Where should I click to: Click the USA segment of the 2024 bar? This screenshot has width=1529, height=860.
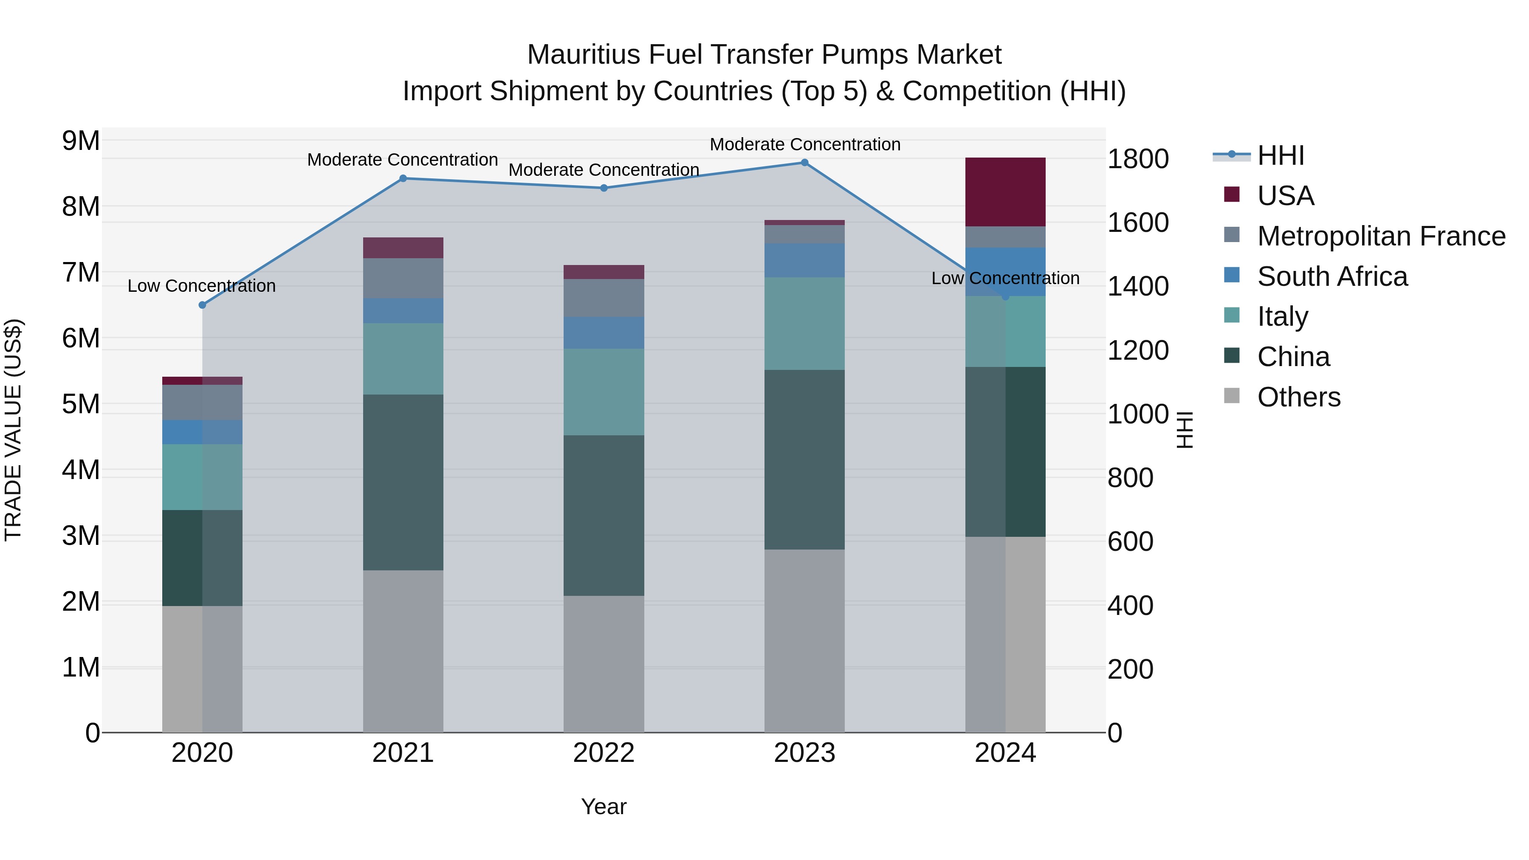coord(1005,192)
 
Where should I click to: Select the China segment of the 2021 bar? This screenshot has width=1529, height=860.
coord(403,482)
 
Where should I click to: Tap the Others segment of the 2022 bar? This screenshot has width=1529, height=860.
coord(604,663)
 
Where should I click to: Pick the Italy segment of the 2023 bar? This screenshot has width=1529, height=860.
coord(804,324)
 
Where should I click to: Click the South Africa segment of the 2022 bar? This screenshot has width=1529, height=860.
coord(604,333)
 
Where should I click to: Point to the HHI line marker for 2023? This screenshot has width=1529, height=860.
coord(804,162)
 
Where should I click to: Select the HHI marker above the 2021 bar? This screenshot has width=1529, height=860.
coord(403,178)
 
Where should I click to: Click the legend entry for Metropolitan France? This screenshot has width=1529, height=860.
coord(1381,236)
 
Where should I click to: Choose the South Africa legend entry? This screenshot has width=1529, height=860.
coord(1332,276)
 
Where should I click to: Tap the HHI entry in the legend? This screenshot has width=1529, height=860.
coord(1280,155)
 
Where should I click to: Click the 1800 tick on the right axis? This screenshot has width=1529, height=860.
coord(1138,159)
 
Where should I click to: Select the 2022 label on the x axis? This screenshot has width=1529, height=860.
coord(604,753)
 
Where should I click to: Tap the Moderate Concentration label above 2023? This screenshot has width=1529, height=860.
coord(805,144)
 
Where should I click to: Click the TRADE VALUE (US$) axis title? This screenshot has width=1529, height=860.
coord(13,430)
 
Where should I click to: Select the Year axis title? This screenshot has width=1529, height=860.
coord(604,806)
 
